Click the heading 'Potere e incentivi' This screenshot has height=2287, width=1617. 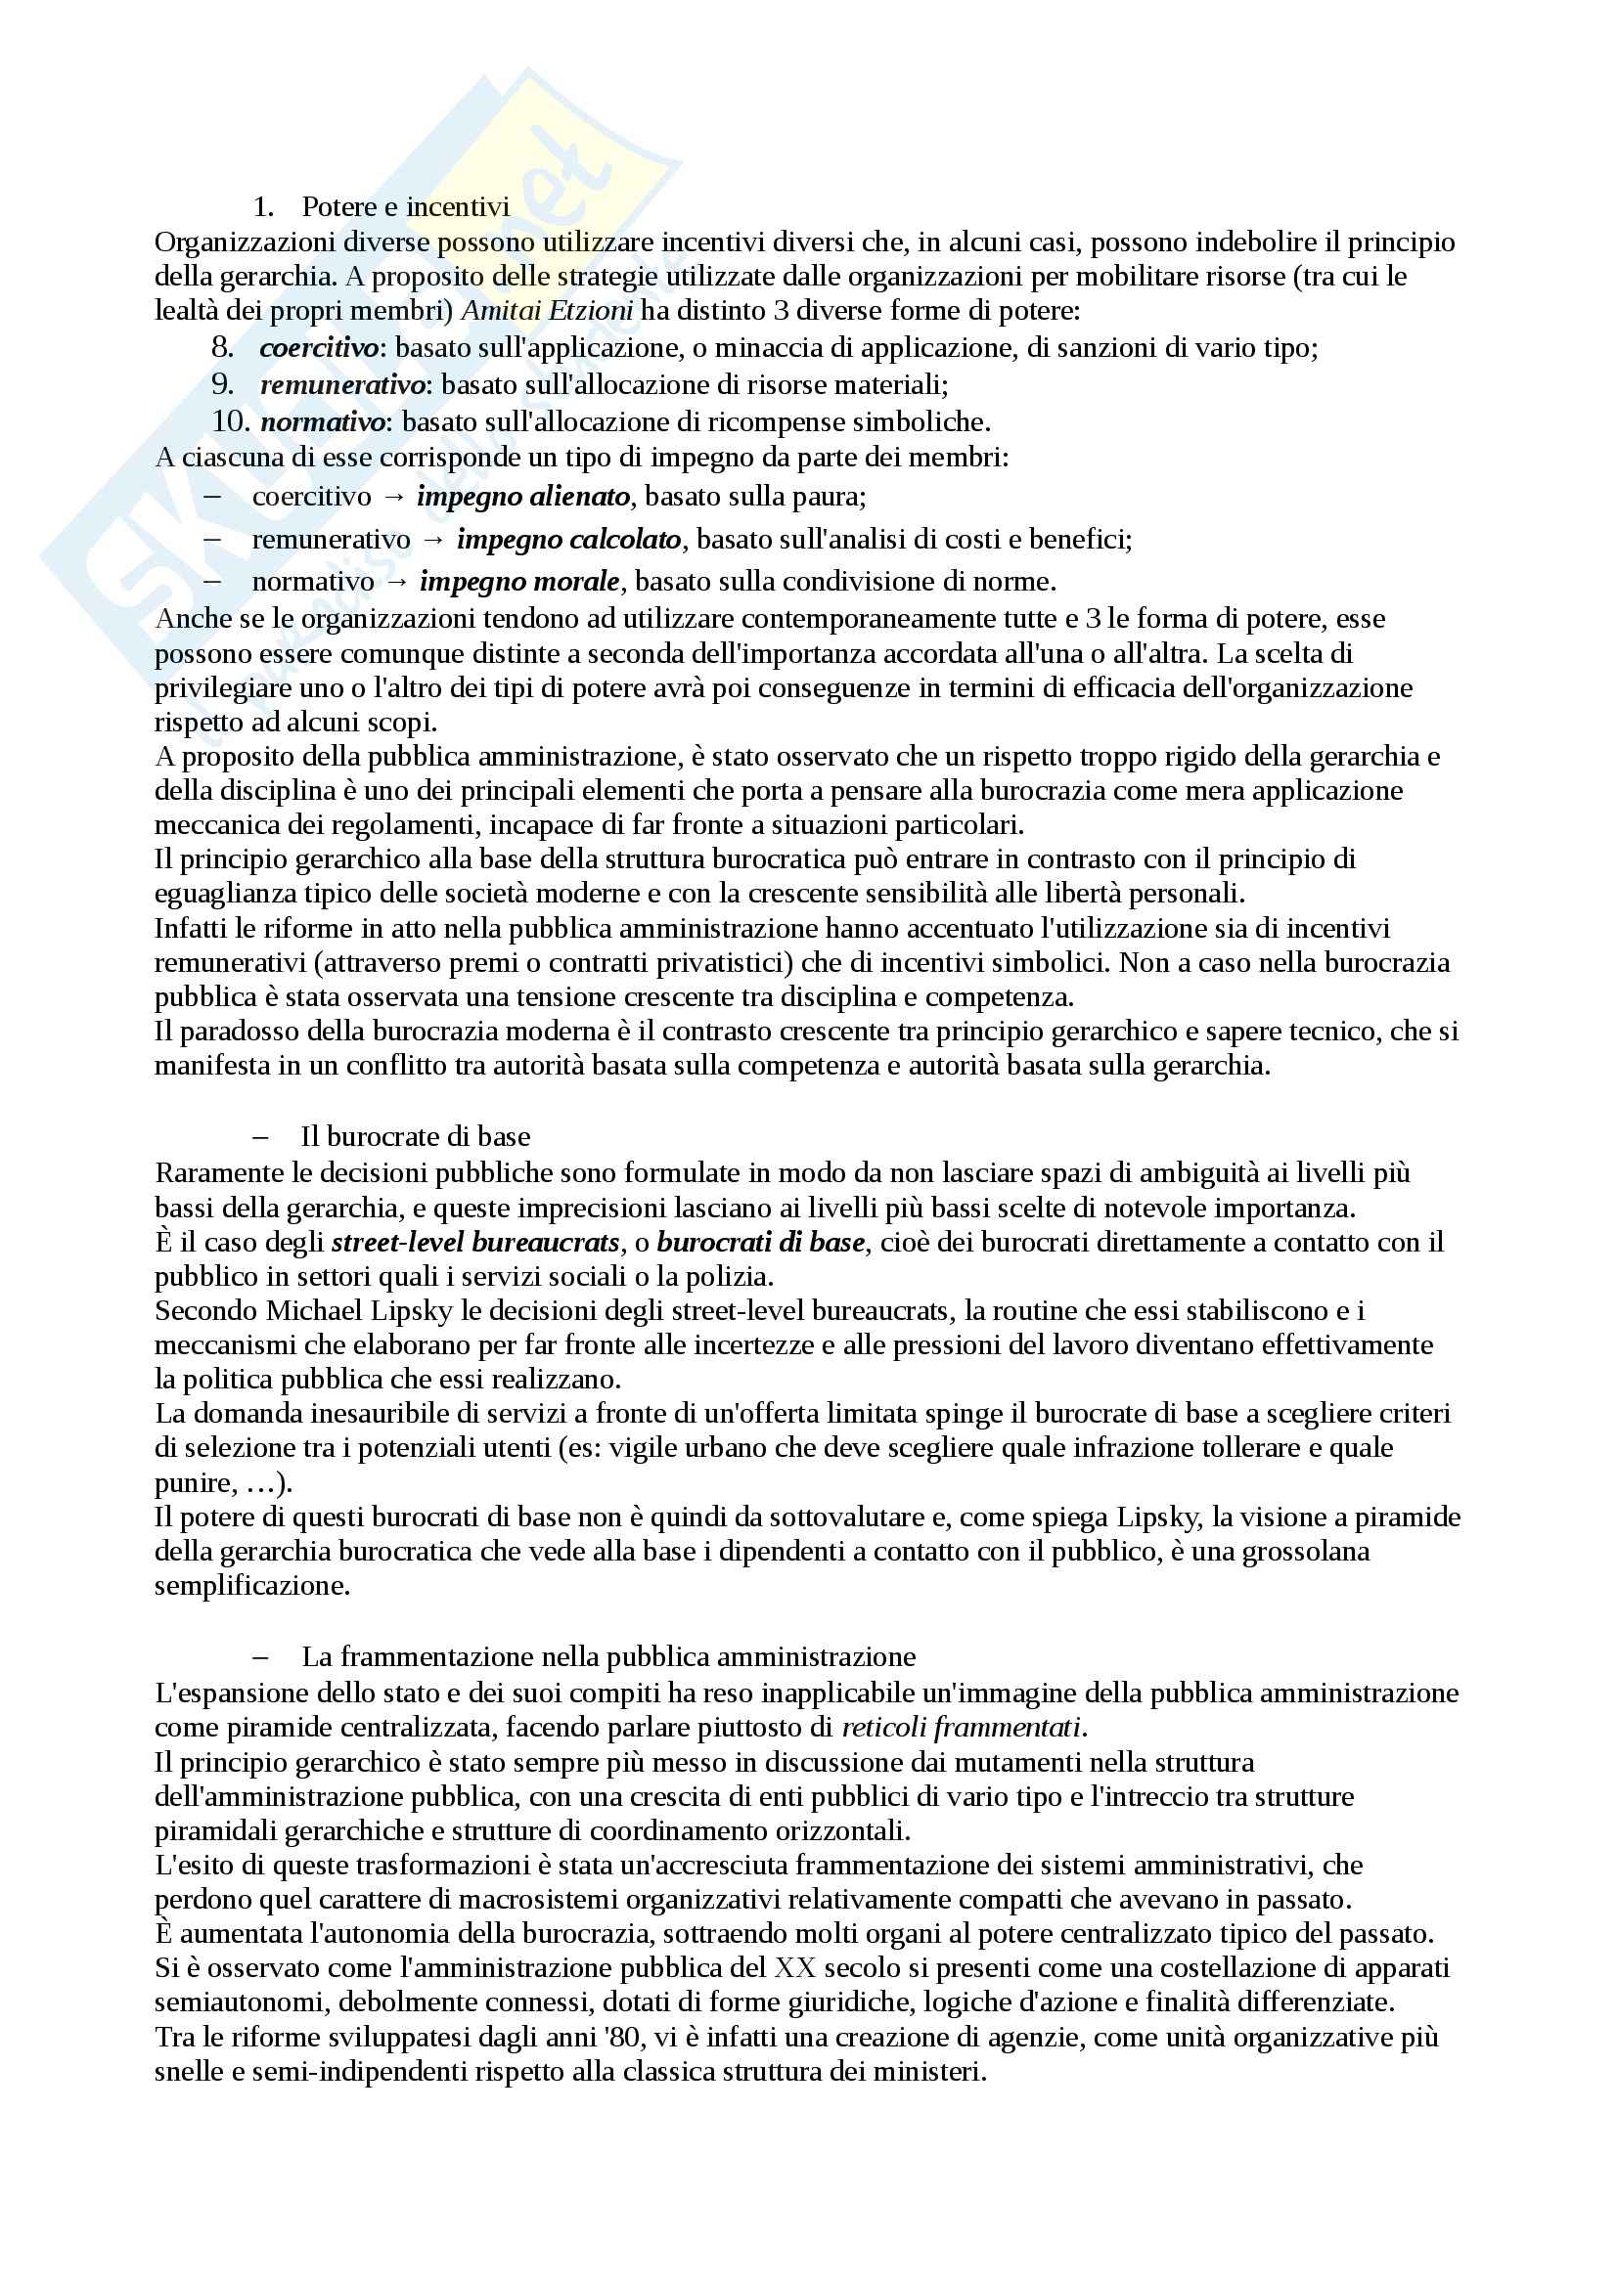click(405, 207)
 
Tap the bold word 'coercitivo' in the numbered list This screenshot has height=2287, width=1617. click(318, 348)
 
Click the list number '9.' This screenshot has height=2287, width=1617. click(222, 384)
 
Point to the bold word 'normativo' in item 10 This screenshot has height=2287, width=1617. click(322, 422)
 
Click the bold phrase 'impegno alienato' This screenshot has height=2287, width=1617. click(523, 496)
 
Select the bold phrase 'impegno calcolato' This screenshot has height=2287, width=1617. click(569, 539)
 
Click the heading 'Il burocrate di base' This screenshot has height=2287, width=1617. click(416, 1136)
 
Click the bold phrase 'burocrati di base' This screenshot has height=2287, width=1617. click(761, 1242)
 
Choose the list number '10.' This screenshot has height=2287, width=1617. click(230, 422)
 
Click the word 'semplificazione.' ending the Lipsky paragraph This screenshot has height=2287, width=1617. click(252, 1586)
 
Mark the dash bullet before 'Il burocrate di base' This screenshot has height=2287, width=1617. click(262, 1136)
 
